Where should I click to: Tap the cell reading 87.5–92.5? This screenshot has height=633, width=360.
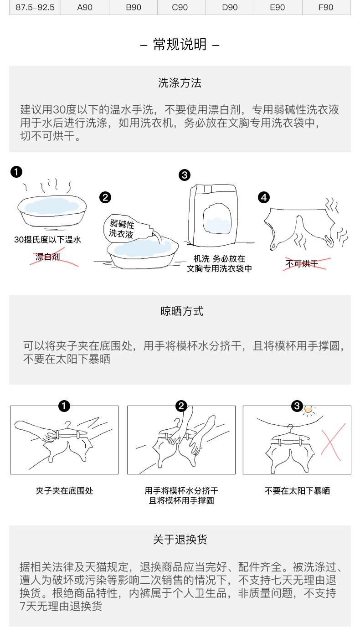click(35, 7)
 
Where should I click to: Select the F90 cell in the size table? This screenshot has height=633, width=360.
click(326, 7)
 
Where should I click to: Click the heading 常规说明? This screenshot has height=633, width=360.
click(180, 44)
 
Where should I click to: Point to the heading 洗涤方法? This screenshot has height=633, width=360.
click(180, 83)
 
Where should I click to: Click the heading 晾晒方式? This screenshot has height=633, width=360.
click(182, 311)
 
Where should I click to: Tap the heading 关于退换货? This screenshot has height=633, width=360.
click(180, 540)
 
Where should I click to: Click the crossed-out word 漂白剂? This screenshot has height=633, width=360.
click(48, 257)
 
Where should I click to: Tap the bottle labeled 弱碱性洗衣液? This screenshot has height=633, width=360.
click(129, 228)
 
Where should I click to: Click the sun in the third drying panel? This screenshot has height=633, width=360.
click(309, 409)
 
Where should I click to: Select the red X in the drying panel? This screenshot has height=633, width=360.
click(334, 442)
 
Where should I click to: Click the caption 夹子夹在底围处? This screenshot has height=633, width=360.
click(64, 490)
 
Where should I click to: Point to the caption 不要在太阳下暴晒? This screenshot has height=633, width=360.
click(297, 490)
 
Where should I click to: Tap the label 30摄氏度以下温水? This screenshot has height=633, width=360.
click(47, 240)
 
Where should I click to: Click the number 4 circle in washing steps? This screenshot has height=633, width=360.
click(264, 197)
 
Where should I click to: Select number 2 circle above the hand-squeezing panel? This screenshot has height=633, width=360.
click(181, 406)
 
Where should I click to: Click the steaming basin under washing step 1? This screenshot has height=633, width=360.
click(52, 211)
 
